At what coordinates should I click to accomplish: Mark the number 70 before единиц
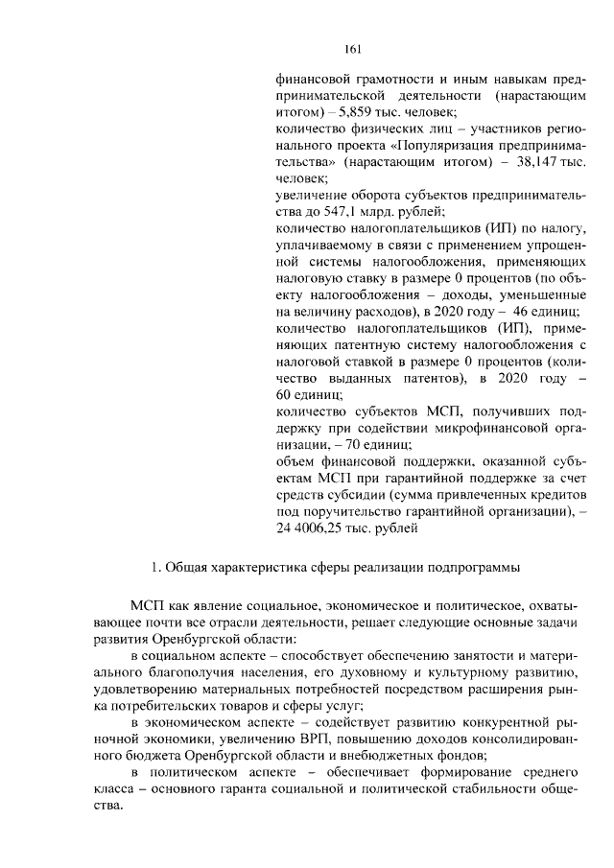tap(342, 444)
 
